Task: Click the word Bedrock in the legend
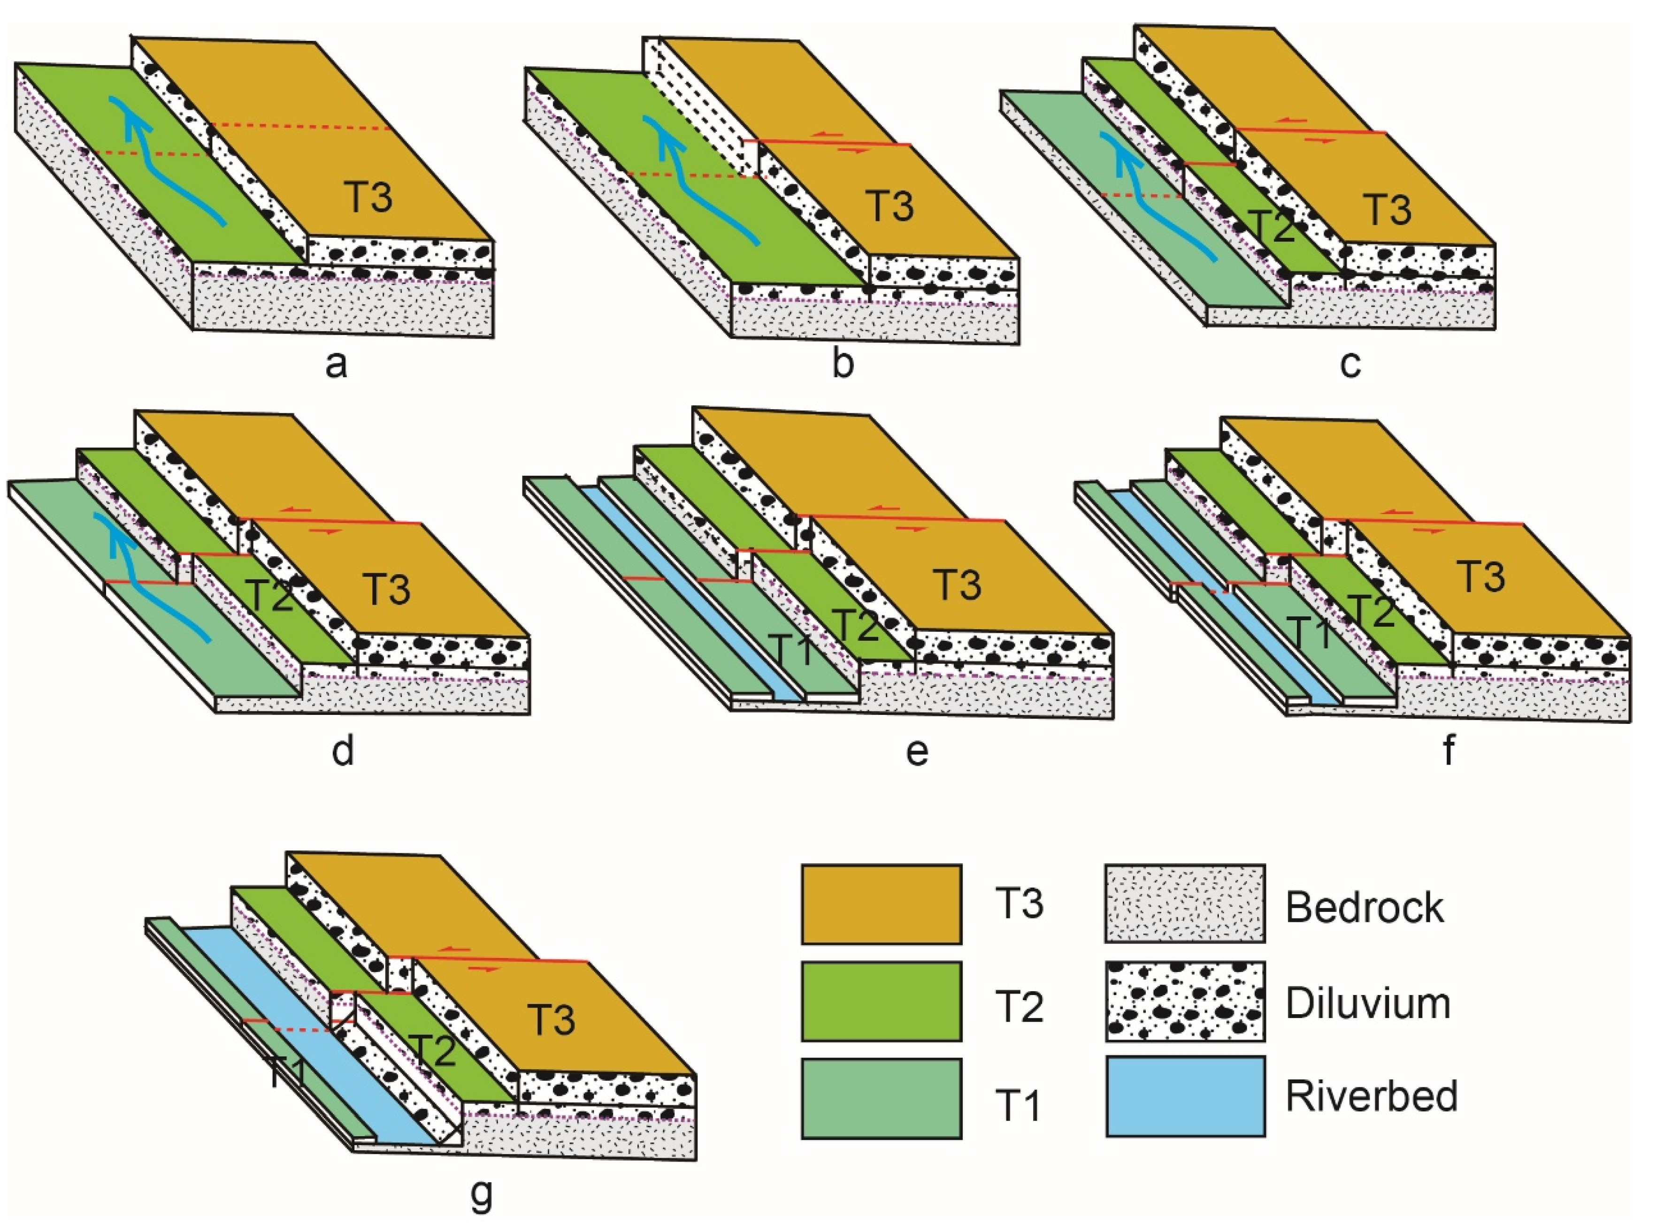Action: [x=1364, y=907]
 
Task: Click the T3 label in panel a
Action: [x=369, y=197]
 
